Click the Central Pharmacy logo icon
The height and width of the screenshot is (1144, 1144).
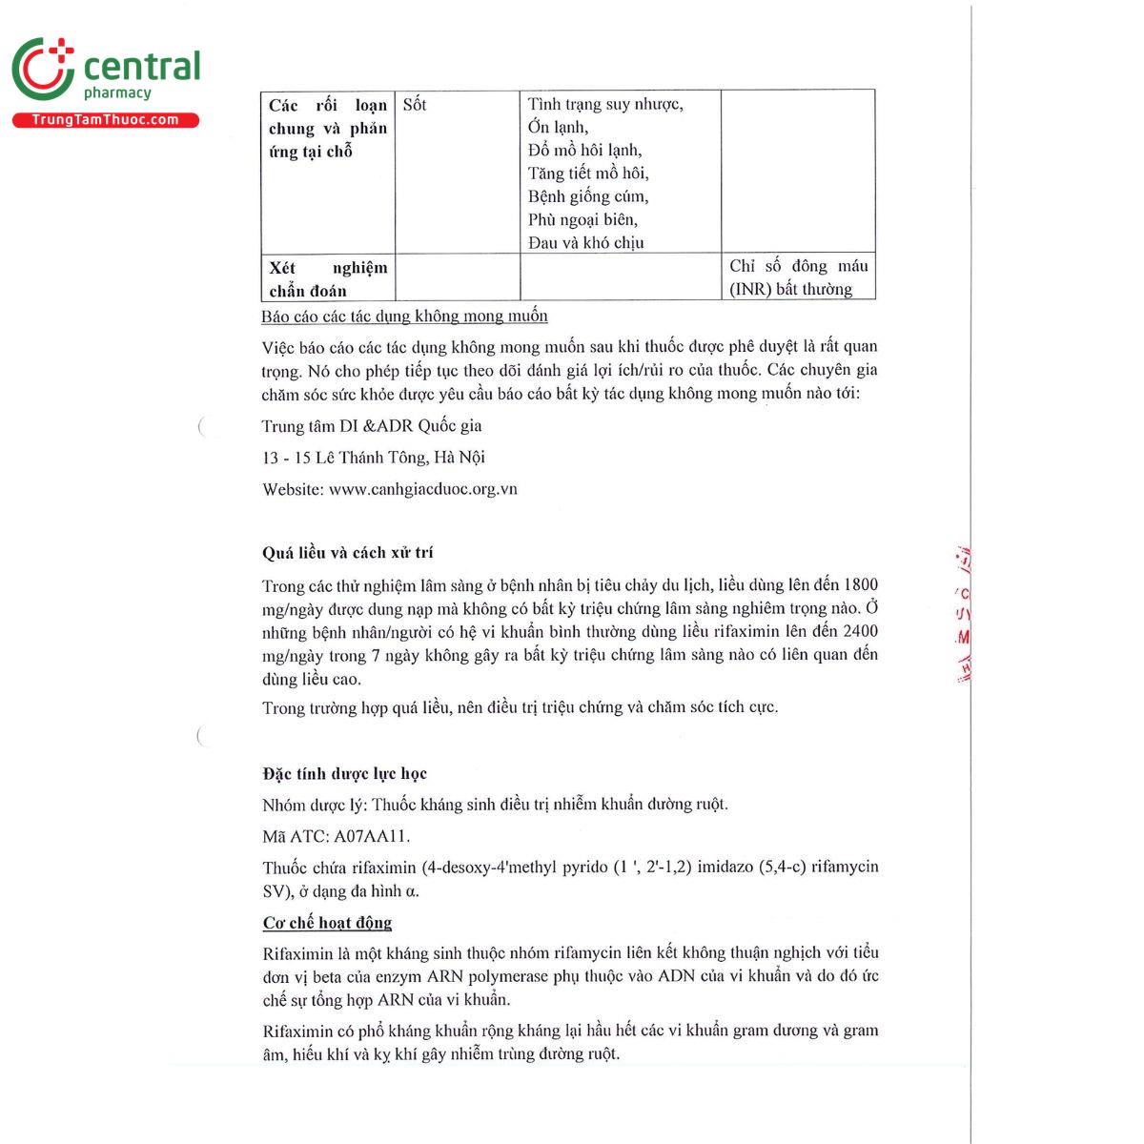[x=42, y=70]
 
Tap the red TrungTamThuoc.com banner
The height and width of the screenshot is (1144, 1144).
[x=106, y=120]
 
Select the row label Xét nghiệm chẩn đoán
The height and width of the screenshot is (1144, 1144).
[x=328, y=279]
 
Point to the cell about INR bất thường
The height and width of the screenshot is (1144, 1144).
[x=798, y=277]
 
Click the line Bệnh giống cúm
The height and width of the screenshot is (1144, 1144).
[x=588, y=196]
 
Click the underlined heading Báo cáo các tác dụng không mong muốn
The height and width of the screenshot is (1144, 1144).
[x=404, y=317]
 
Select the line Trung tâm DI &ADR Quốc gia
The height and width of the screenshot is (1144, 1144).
[x=372, y=426]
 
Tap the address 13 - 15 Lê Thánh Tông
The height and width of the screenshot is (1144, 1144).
[x=374, y=458]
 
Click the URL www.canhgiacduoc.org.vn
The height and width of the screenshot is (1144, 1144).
[x=423, y=489]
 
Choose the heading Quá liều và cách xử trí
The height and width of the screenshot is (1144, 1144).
[x=348, y=553]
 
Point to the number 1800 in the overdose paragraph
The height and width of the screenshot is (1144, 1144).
[x=861, y=584]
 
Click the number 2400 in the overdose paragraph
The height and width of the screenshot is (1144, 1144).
[x=861, y=631]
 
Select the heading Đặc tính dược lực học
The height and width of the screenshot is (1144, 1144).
[x=345, y=773]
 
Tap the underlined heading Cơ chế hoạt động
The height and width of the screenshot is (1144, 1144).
[x=327, y=923]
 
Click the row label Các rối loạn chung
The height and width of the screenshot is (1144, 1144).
[x=328, y=129]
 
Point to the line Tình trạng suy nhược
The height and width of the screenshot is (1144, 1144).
[x=605, y=104]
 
